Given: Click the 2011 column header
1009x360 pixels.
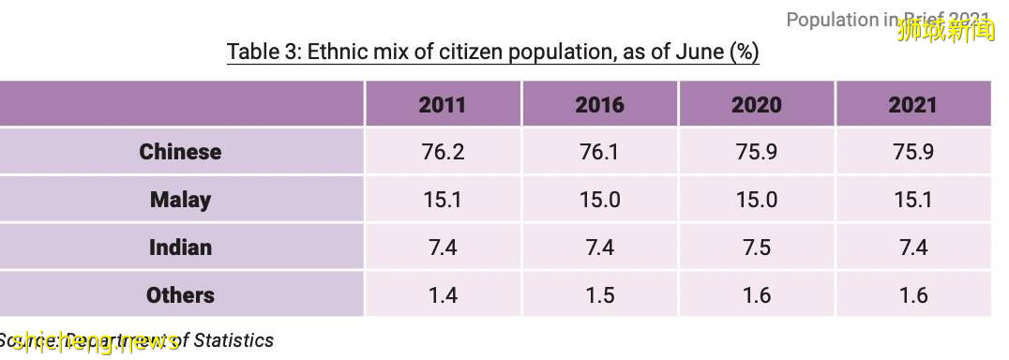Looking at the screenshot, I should pos(442,104).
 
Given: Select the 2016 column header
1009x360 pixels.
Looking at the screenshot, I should pos(599,104).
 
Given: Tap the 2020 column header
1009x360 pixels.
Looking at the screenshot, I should pos(756,104).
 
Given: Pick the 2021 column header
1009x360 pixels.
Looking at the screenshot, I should pos(912,104).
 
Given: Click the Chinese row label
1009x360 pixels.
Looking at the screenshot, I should pos(180,152).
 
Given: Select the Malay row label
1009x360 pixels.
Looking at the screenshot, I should pos(180,200).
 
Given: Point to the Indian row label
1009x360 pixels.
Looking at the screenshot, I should pos(180,247).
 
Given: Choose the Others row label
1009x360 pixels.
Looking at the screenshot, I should pos(180,295).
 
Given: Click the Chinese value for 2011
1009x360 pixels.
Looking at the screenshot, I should pos(442,152).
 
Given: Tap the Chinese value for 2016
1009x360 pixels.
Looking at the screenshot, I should pos(599,152).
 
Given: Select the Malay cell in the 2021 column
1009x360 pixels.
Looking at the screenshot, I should pos(912,200).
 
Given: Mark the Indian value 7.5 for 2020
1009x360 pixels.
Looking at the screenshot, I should pos(756,247).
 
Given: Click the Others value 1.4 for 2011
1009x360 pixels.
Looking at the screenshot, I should pos(442,295).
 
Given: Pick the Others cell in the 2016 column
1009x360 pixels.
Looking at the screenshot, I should pos(599,295).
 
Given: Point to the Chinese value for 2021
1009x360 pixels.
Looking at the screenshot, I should pos(912,152).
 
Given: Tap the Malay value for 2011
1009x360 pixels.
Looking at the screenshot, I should pos(442,200).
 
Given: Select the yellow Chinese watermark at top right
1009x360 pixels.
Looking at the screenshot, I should pos(945,31).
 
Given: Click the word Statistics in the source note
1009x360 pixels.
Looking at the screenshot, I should pos(233,340).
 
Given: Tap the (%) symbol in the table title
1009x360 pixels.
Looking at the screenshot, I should pos(744,51).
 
